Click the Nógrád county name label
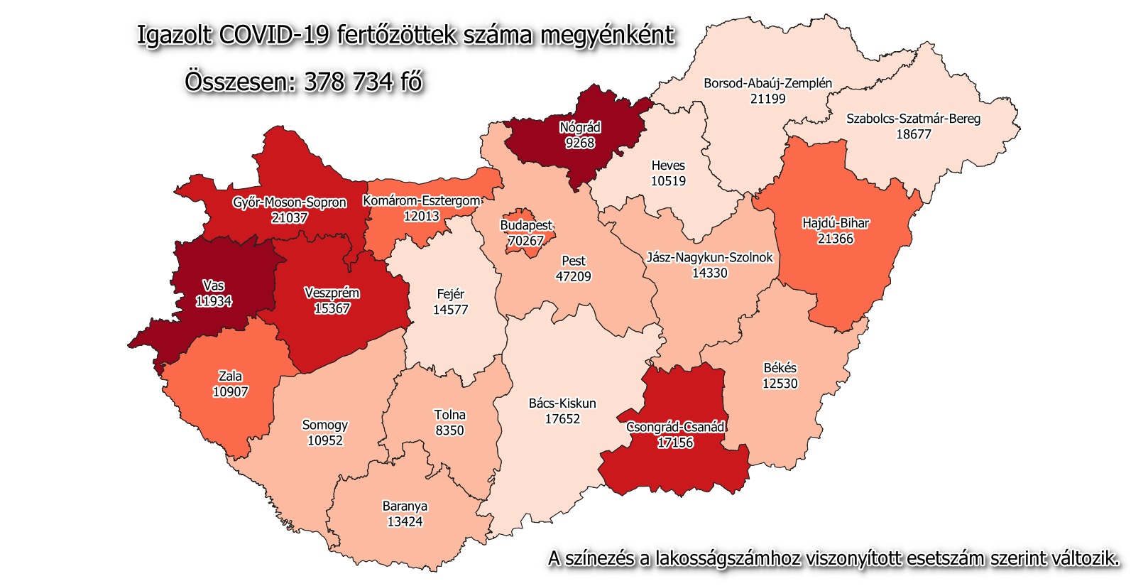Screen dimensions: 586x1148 point(580,128)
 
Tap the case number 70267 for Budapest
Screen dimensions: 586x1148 point(525,241)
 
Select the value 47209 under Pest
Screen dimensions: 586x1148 point(573,276)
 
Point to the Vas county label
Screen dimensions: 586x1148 point(213,286)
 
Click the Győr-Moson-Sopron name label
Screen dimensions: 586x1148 point(290,202)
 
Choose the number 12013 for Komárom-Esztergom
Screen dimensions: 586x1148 point(421,216)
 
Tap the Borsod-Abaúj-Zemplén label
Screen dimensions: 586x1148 point(767,83)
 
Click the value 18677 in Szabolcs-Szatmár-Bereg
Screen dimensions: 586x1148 point(913,134)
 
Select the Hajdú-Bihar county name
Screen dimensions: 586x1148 point(835,223)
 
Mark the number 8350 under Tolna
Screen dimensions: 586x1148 point(449,430)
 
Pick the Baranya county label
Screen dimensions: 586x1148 point(405,506)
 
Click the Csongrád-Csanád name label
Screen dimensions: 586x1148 point(675,427)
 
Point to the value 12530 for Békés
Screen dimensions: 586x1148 point(780,384)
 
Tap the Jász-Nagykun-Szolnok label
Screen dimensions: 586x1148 point(709,257)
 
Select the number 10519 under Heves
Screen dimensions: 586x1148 point(668,181)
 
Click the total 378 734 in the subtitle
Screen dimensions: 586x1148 point(348,82)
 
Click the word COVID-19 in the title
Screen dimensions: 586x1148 point(274,34)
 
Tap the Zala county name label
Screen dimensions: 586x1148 point(230,376)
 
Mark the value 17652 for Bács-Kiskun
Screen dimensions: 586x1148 point(562,419)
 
